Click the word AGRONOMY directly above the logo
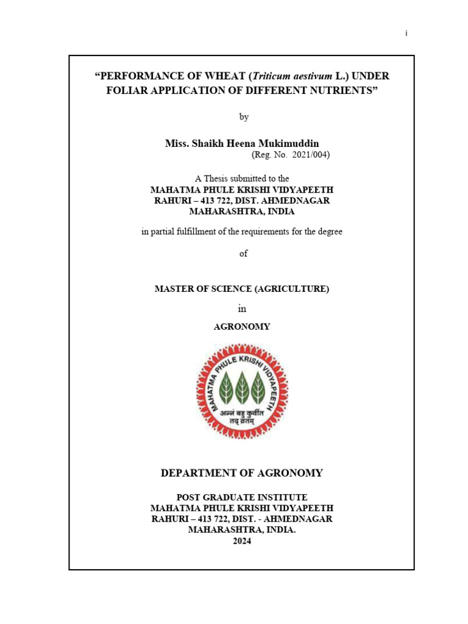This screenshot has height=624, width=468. [x=242, y=327]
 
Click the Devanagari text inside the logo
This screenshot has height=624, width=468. [x=242, y=415]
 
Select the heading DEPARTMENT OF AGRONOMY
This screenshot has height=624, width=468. [x=242, y=473]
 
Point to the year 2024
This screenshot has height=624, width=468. [x=242, y=541]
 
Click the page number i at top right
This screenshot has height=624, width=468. [x=406, y=34]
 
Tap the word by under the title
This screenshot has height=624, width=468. [x=244, y=117]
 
